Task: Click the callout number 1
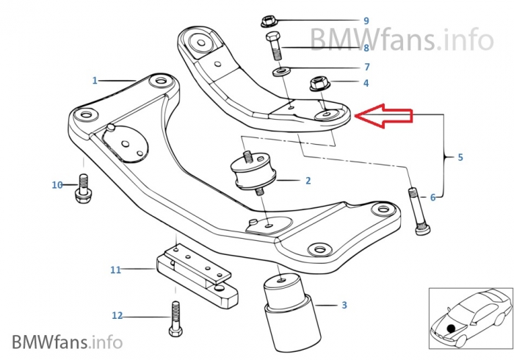(95, 79)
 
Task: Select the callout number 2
(308, 180)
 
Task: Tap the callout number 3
(344, 304)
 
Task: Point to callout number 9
(366, 21)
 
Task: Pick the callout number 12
(117, 316)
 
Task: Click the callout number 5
(460, 157)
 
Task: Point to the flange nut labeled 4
(321, 84)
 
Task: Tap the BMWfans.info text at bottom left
(66, 342)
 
